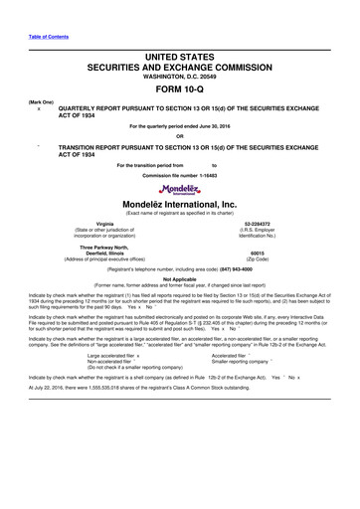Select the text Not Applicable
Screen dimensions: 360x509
180,280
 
